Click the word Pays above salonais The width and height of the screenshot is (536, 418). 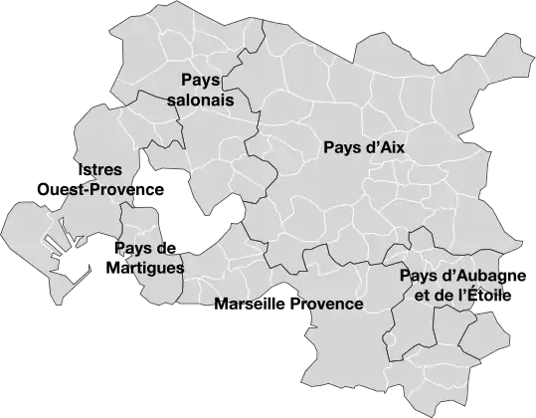coord(201,80)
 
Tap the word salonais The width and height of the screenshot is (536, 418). coord(201,101)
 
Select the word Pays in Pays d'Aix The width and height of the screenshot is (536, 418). coord(343,148)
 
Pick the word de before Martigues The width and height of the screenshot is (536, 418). coord(166,248)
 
